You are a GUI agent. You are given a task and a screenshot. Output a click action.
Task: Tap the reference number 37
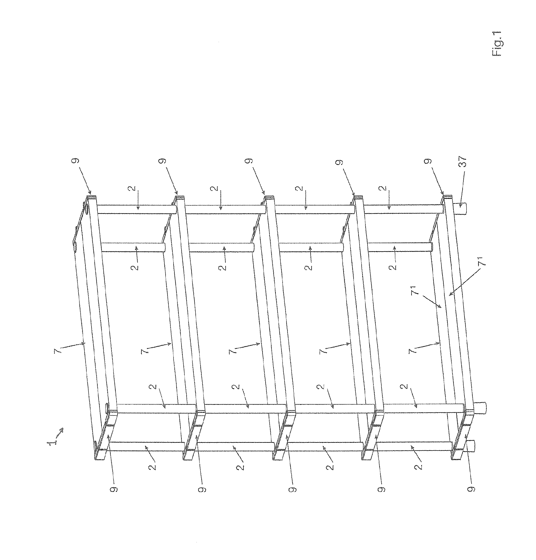462,161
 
